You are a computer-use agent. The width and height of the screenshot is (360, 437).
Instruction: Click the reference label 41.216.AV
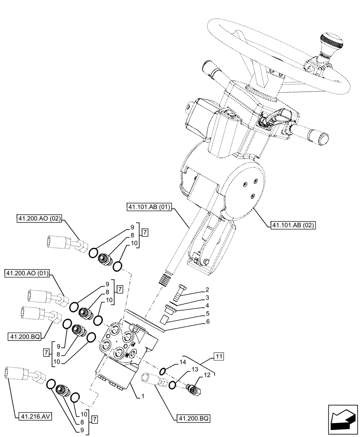point(35,416)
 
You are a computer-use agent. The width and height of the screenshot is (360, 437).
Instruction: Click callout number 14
point(182,362)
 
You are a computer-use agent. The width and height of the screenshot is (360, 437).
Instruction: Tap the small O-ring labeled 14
point(162,371)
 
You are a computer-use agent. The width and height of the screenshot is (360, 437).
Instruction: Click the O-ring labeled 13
point(172,384)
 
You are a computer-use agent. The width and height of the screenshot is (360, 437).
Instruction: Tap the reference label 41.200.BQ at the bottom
point(193,418)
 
